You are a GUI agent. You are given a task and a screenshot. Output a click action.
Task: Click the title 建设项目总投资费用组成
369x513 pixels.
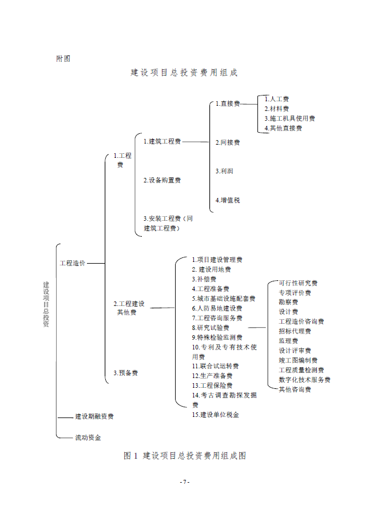pos(184,73)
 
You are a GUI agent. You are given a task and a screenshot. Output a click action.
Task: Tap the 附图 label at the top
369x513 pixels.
pos(63,58)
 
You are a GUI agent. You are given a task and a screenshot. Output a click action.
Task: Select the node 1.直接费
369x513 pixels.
pos(228,104)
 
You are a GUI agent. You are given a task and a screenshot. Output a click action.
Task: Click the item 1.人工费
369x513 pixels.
pos(276,99)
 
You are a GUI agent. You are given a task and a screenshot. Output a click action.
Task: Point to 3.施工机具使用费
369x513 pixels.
pos(289,118)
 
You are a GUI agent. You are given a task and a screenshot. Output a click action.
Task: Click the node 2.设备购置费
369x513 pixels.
pos(162,180)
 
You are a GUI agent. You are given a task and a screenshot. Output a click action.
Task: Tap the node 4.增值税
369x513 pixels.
pos(228,200)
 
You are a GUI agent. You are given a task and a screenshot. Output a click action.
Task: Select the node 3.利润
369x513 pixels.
pos(224,171)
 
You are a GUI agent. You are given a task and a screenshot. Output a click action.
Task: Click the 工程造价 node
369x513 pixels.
pos(73,263)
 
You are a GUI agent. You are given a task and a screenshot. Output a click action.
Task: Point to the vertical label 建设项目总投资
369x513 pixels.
pos(46,304)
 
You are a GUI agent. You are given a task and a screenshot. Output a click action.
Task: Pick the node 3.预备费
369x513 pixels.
pos(125,373)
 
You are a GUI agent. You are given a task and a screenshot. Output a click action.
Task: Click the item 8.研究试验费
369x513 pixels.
pos(211,328)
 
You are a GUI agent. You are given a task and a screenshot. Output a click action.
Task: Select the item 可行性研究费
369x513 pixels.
pos(298,283)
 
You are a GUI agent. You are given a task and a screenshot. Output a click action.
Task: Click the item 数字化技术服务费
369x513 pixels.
pos(304,380)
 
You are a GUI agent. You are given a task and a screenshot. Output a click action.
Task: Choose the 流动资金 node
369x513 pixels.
pos(88,438)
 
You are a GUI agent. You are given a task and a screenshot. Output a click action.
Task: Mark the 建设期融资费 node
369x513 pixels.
pos(94,416)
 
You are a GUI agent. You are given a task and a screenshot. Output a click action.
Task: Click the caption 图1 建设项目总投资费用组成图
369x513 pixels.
pos(185,456)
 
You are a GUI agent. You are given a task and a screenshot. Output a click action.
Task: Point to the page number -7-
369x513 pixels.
pos(184,482)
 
